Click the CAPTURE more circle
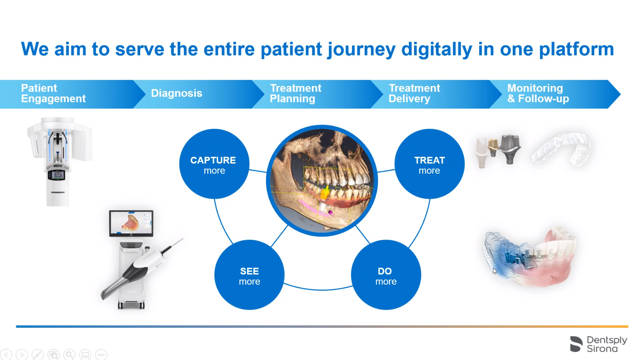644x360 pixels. point(214,164)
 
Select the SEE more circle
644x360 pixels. point(249,275)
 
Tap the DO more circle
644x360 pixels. point(386,275)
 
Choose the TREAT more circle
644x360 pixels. point(429,164)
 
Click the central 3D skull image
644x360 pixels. point(322,181)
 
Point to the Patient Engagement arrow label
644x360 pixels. point(53,94)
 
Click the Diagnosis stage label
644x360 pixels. point(177,94)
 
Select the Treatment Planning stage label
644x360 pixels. point(295,94)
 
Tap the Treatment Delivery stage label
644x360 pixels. point(414,94)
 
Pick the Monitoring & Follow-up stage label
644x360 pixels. point(538,94)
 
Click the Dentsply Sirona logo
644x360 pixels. point(599,344)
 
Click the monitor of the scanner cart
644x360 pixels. point(131,223)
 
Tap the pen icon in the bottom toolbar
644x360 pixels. point(37,355)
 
